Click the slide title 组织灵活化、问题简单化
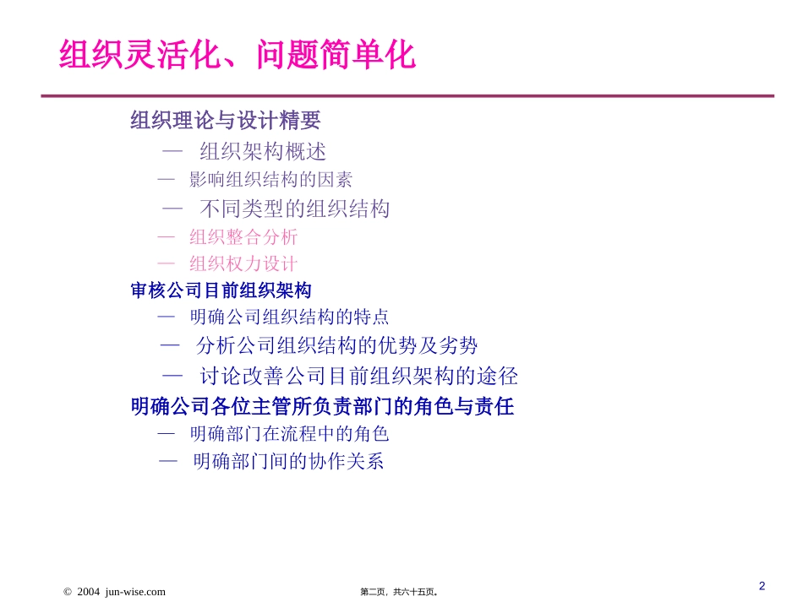coord(238,57)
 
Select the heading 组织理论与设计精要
coord(226,121)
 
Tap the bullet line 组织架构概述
coord(263,152)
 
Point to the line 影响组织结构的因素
coord(270,180)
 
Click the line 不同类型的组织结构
coord(295,209)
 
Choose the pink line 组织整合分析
coord(243,237)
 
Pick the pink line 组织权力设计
coord(243,264)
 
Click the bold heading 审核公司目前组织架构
coord(221,290)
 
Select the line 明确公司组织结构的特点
coord(289,317)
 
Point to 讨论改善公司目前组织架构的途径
coord(358,376)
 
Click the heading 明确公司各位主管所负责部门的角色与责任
coord(322,407)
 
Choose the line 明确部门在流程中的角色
coord(289,434)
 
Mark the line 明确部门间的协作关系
coord(288,462)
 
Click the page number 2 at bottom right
coord(762,586)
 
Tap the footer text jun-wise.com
coord(135,592)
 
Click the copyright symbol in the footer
coord(68,592)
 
